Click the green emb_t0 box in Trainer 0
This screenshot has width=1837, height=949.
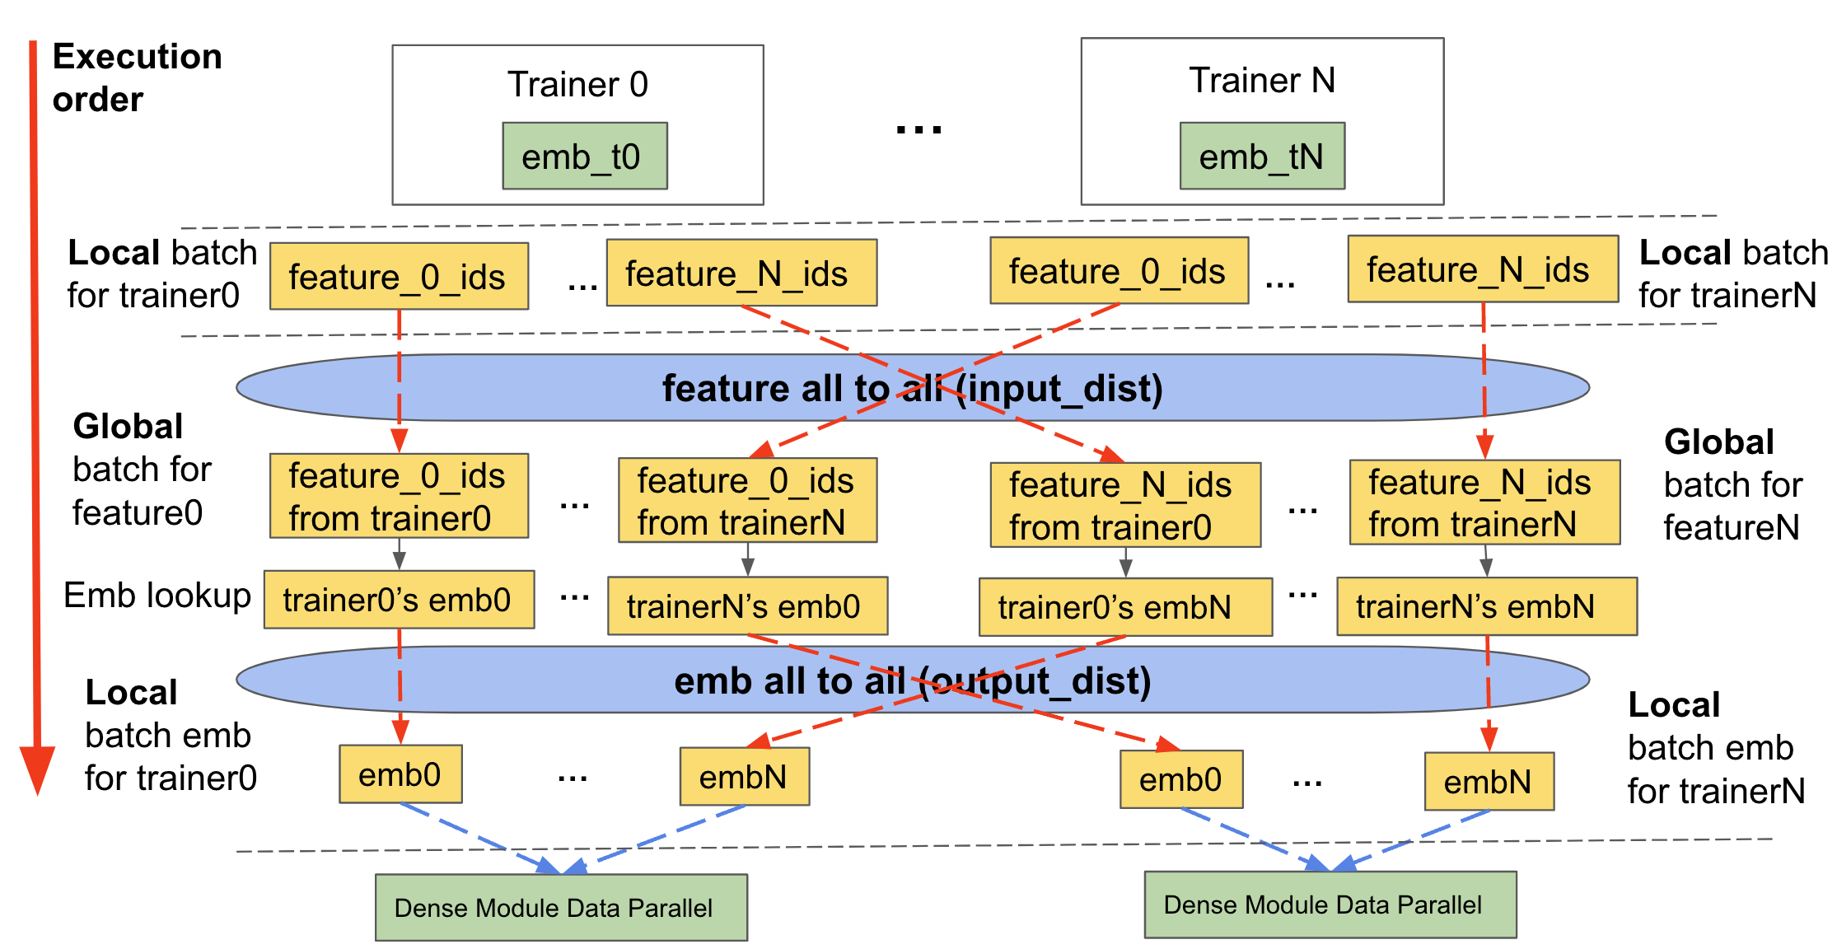point(585,156)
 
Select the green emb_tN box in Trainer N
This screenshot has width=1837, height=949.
point(1262,156)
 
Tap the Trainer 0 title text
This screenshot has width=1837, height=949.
point(577,84)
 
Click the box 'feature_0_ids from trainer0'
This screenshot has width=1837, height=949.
point(399,496)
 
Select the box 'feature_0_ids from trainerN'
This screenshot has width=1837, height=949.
point(747,500)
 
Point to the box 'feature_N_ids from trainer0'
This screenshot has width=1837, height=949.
point(1125,505)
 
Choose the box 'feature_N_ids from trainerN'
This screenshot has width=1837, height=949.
point(1484,503)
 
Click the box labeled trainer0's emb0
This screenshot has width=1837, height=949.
point(399,600)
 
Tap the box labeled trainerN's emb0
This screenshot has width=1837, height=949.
point(747,605)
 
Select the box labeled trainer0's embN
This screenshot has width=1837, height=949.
point(1125,607)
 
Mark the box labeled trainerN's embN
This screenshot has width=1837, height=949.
point(1487,606)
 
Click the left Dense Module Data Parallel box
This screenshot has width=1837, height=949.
point(561,908)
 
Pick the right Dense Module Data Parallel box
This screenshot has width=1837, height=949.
point(1330,905)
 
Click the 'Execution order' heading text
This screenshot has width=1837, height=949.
point(137,77)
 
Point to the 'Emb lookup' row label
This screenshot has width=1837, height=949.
point(157,595)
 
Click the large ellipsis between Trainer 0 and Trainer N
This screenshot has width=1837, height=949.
point(918,129)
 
